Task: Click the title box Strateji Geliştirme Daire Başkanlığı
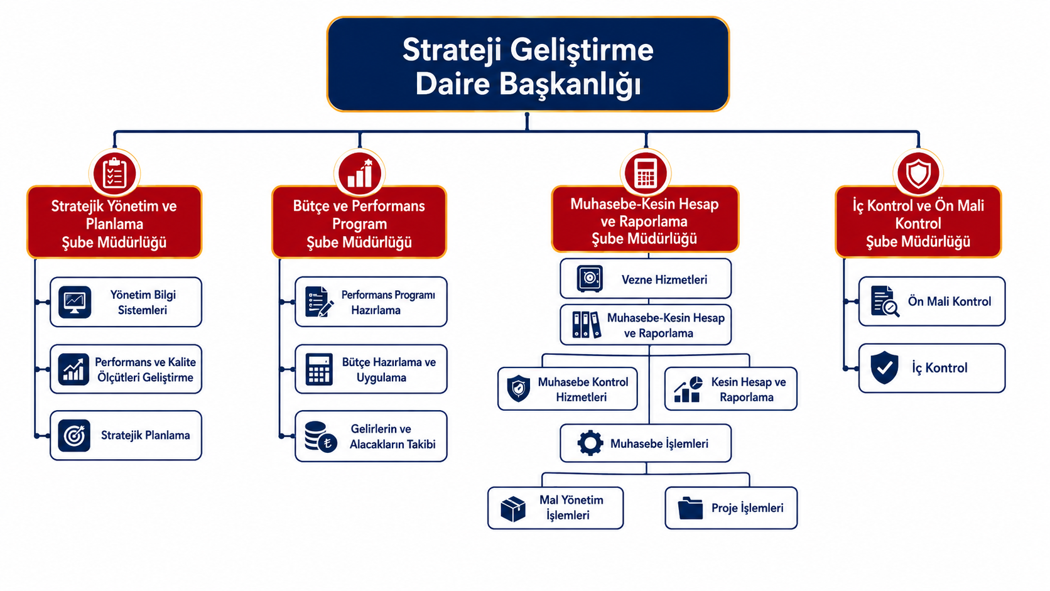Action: (x=528, y=64)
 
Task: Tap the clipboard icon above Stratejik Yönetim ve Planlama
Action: (x=114, y=173)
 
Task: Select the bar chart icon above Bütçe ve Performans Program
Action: (x=360, y=173)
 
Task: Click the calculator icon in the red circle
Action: (x=646, y=173)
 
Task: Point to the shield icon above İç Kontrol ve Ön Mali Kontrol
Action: (x=918, y=173)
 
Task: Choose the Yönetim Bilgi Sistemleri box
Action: (x=126, y=302)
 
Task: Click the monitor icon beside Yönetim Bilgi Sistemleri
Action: (x=75, y=302)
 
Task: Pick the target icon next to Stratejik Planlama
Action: (x=74, y=435)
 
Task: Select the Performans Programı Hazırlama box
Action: (x=371, y=302)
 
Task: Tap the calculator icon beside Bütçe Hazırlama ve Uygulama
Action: (x=319, y=369)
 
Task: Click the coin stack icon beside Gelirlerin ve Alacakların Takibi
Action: (x=320, y=436)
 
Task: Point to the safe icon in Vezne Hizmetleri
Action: (x=590, y=279)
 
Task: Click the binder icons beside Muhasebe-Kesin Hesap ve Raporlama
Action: (x=587, y=325)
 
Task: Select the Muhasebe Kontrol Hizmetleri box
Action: (x=567, y=389)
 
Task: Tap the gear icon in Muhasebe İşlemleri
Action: (x=590, y=443)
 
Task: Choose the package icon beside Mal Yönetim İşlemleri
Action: (x=513, y=509)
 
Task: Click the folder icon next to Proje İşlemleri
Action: (x=690, y=508)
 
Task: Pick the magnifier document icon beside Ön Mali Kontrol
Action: (x=885, y=301)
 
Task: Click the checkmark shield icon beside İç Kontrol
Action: (x=884, y=367)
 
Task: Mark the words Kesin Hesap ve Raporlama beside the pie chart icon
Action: (x=748, y=389)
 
